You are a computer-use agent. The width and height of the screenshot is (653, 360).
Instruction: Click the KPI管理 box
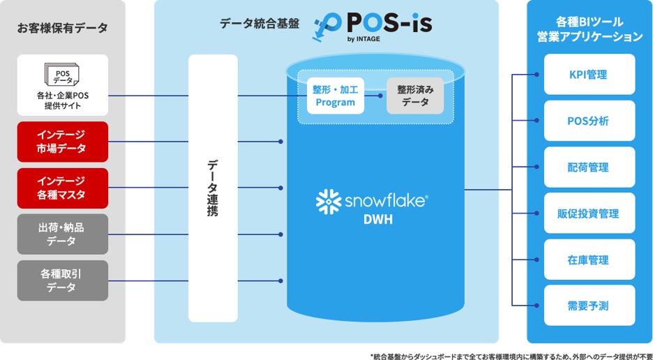(x=588, y=75)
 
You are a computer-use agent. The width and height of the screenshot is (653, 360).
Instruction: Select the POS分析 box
(x=588, y=121)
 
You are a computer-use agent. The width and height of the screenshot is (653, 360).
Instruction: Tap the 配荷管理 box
(x=588, y=167)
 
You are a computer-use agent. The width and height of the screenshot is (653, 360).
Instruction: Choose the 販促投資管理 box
(x=588, y=213)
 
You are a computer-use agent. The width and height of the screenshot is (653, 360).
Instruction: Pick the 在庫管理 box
(x=588, y=260)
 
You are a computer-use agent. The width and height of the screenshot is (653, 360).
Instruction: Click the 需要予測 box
(x=588, y=306)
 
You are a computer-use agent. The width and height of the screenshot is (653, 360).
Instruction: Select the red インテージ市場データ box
(x=63, y=142)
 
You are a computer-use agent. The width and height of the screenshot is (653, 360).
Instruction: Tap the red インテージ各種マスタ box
(x=63, y=188)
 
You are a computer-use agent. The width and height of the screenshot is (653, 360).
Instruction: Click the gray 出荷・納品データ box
(x=63, y=234)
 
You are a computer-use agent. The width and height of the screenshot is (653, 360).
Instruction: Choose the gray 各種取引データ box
(x=63, y=280)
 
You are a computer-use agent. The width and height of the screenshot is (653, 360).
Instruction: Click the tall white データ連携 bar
(x=213, y=188)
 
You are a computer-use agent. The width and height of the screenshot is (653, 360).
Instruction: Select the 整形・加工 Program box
(x=336, y=96)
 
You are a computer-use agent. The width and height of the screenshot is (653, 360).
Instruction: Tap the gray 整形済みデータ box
(x=416, y=96)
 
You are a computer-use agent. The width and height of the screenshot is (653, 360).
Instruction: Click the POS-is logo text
(x=387, y=23)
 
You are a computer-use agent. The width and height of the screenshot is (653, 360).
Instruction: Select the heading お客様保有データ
(x=63, y=28)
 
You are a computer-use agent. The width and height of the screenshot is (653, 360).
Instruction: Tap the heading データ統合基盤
(x=260, y=23)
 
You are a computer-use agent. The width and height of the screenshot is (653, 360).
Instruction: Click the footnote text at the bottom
(x=510, y=354)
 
